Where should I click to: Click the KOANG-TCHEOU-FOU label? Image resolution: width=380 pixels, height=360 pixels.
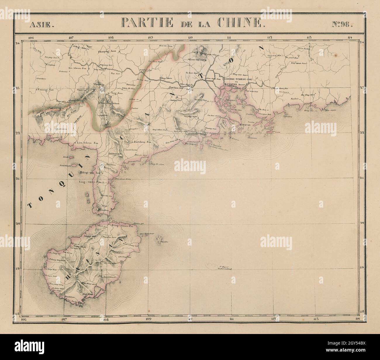238,79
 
